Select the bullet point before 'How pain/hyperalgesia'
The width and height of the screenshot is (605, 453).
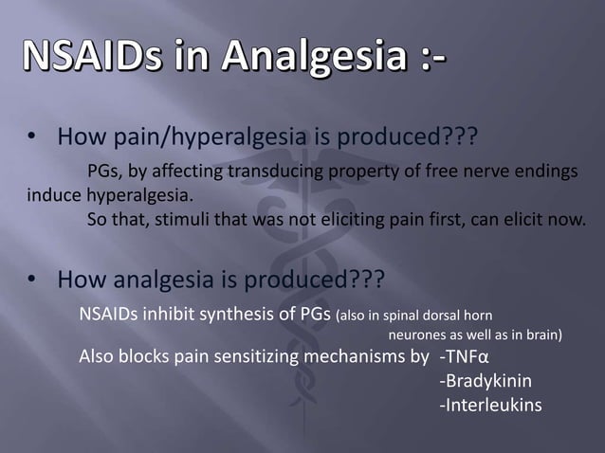point(31,142)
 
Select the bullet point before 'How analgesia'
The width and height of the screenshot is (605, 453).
point(31,281)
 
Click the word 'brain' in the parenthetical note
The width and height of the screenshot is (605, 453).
point(541,335)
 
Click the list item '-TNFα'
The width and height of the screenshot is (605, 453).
point(464,357)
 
